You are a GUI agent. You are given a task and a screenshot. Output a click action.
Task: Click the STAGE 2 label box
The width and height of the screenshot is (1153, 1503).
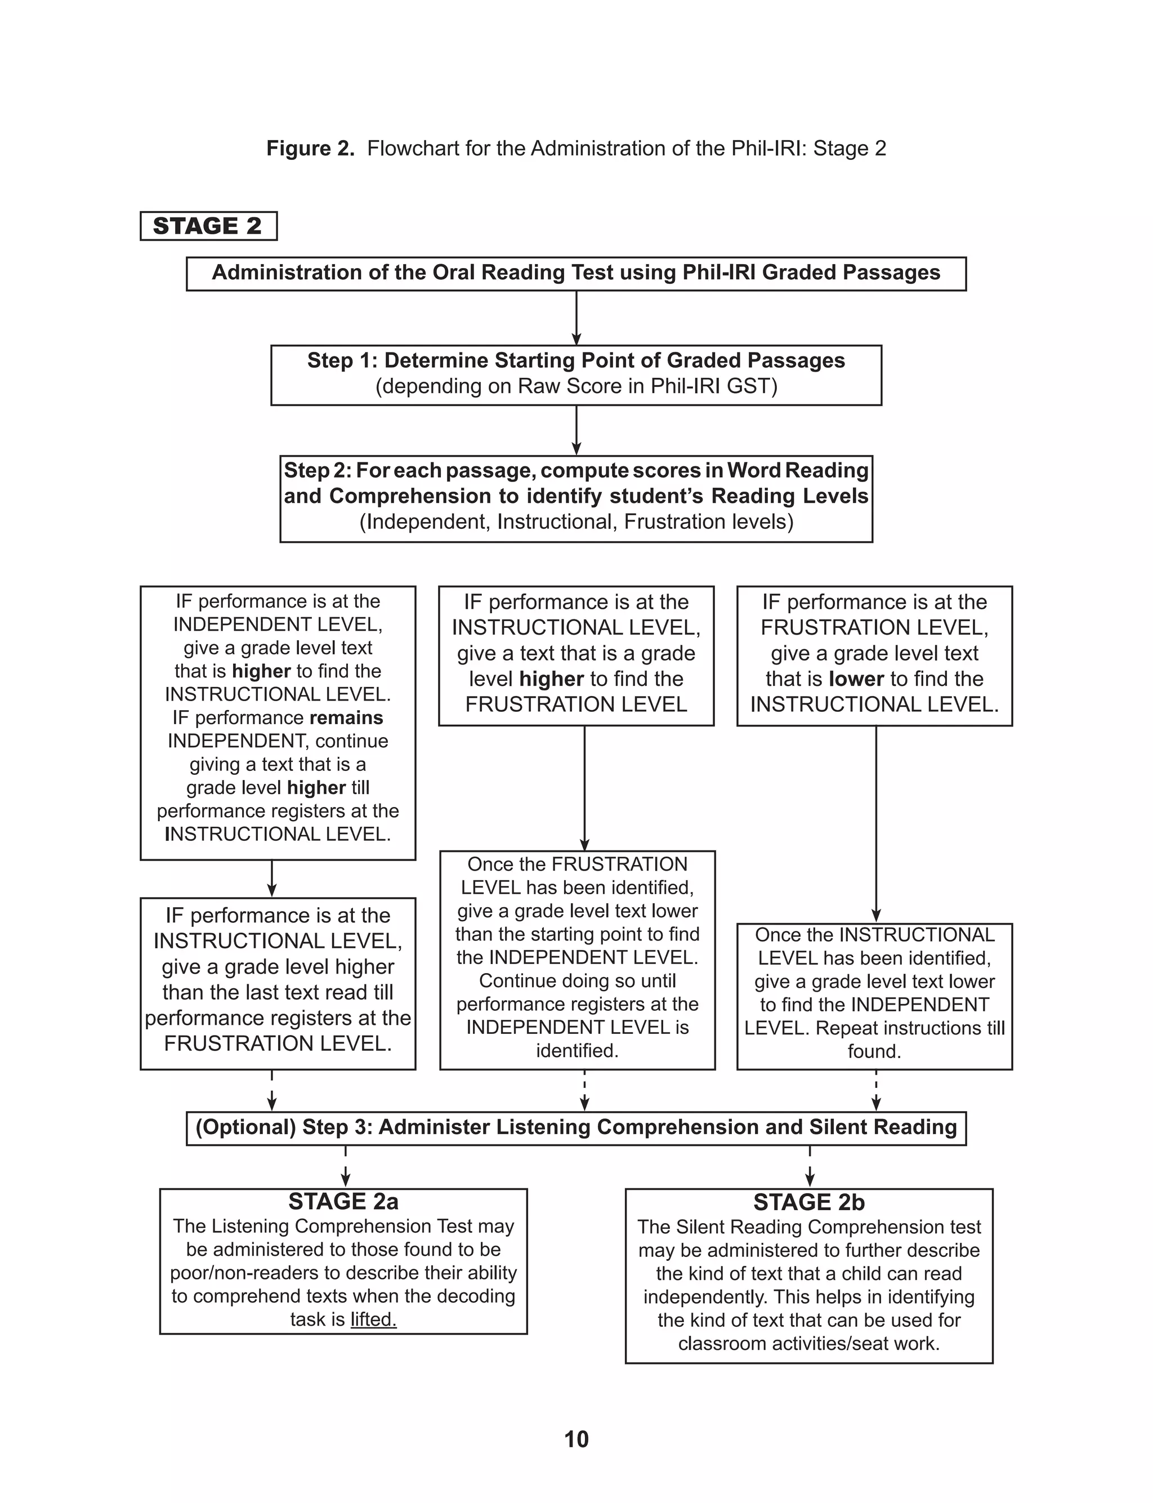point(208,226)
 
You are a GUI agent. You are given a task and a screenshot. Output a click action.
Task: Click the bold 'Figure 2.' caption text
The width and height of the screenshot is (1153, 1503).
point(310,148)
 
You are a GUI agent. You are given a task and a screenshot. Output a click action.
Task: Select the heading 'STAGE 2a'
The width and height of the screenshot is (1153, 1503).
point(343,1201)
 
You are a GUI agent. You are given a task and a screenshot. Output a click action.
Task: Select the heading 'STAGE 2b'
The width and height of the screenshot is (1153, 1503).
point(808,1202)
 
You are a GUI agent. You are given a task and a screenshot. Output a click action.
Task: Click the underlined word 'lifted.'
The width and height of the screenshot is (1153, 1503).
point(373,1319)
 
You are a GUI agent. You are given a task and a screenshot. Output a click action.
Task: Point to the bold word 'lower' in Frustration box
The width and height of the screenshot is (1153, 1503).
point(856,679)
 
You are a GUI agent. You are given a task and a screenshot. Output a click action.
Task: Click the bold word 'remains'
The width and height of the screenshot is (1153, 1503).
point(346,718)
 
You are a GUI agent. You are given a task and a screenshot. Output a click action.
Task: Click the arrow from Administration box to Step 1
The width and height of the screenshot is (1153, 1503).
point(576,318)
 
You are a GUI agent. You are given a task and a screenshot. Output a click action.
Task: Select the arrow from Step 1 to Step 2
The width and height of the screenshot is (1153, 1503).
point(576,430)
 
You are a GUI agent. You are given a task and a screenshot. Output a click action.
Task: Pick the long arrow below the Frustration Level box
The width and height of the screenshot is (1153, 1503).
point(876,823)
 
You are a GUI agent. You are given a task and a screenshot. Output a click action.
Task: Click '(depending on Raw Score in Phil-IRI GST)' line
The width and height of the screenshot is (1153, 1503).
point(576,386)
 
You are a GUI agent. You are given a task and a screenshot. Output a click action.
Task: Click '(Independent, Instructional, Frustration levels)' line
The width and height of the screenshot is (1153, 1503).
point(576,521)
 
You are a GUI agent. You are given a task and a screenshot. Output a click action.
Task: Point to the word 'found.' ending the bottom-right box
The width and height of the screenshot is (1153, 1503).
point(874,1051)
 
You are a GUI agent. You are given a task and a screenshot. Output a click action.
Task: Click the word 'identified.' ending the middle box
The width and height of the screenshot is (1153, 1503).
point(576,1051)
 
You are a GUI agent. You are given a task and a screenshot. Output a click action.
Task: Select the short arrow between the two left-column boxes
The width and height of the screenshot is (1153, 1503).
point(272,878)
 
